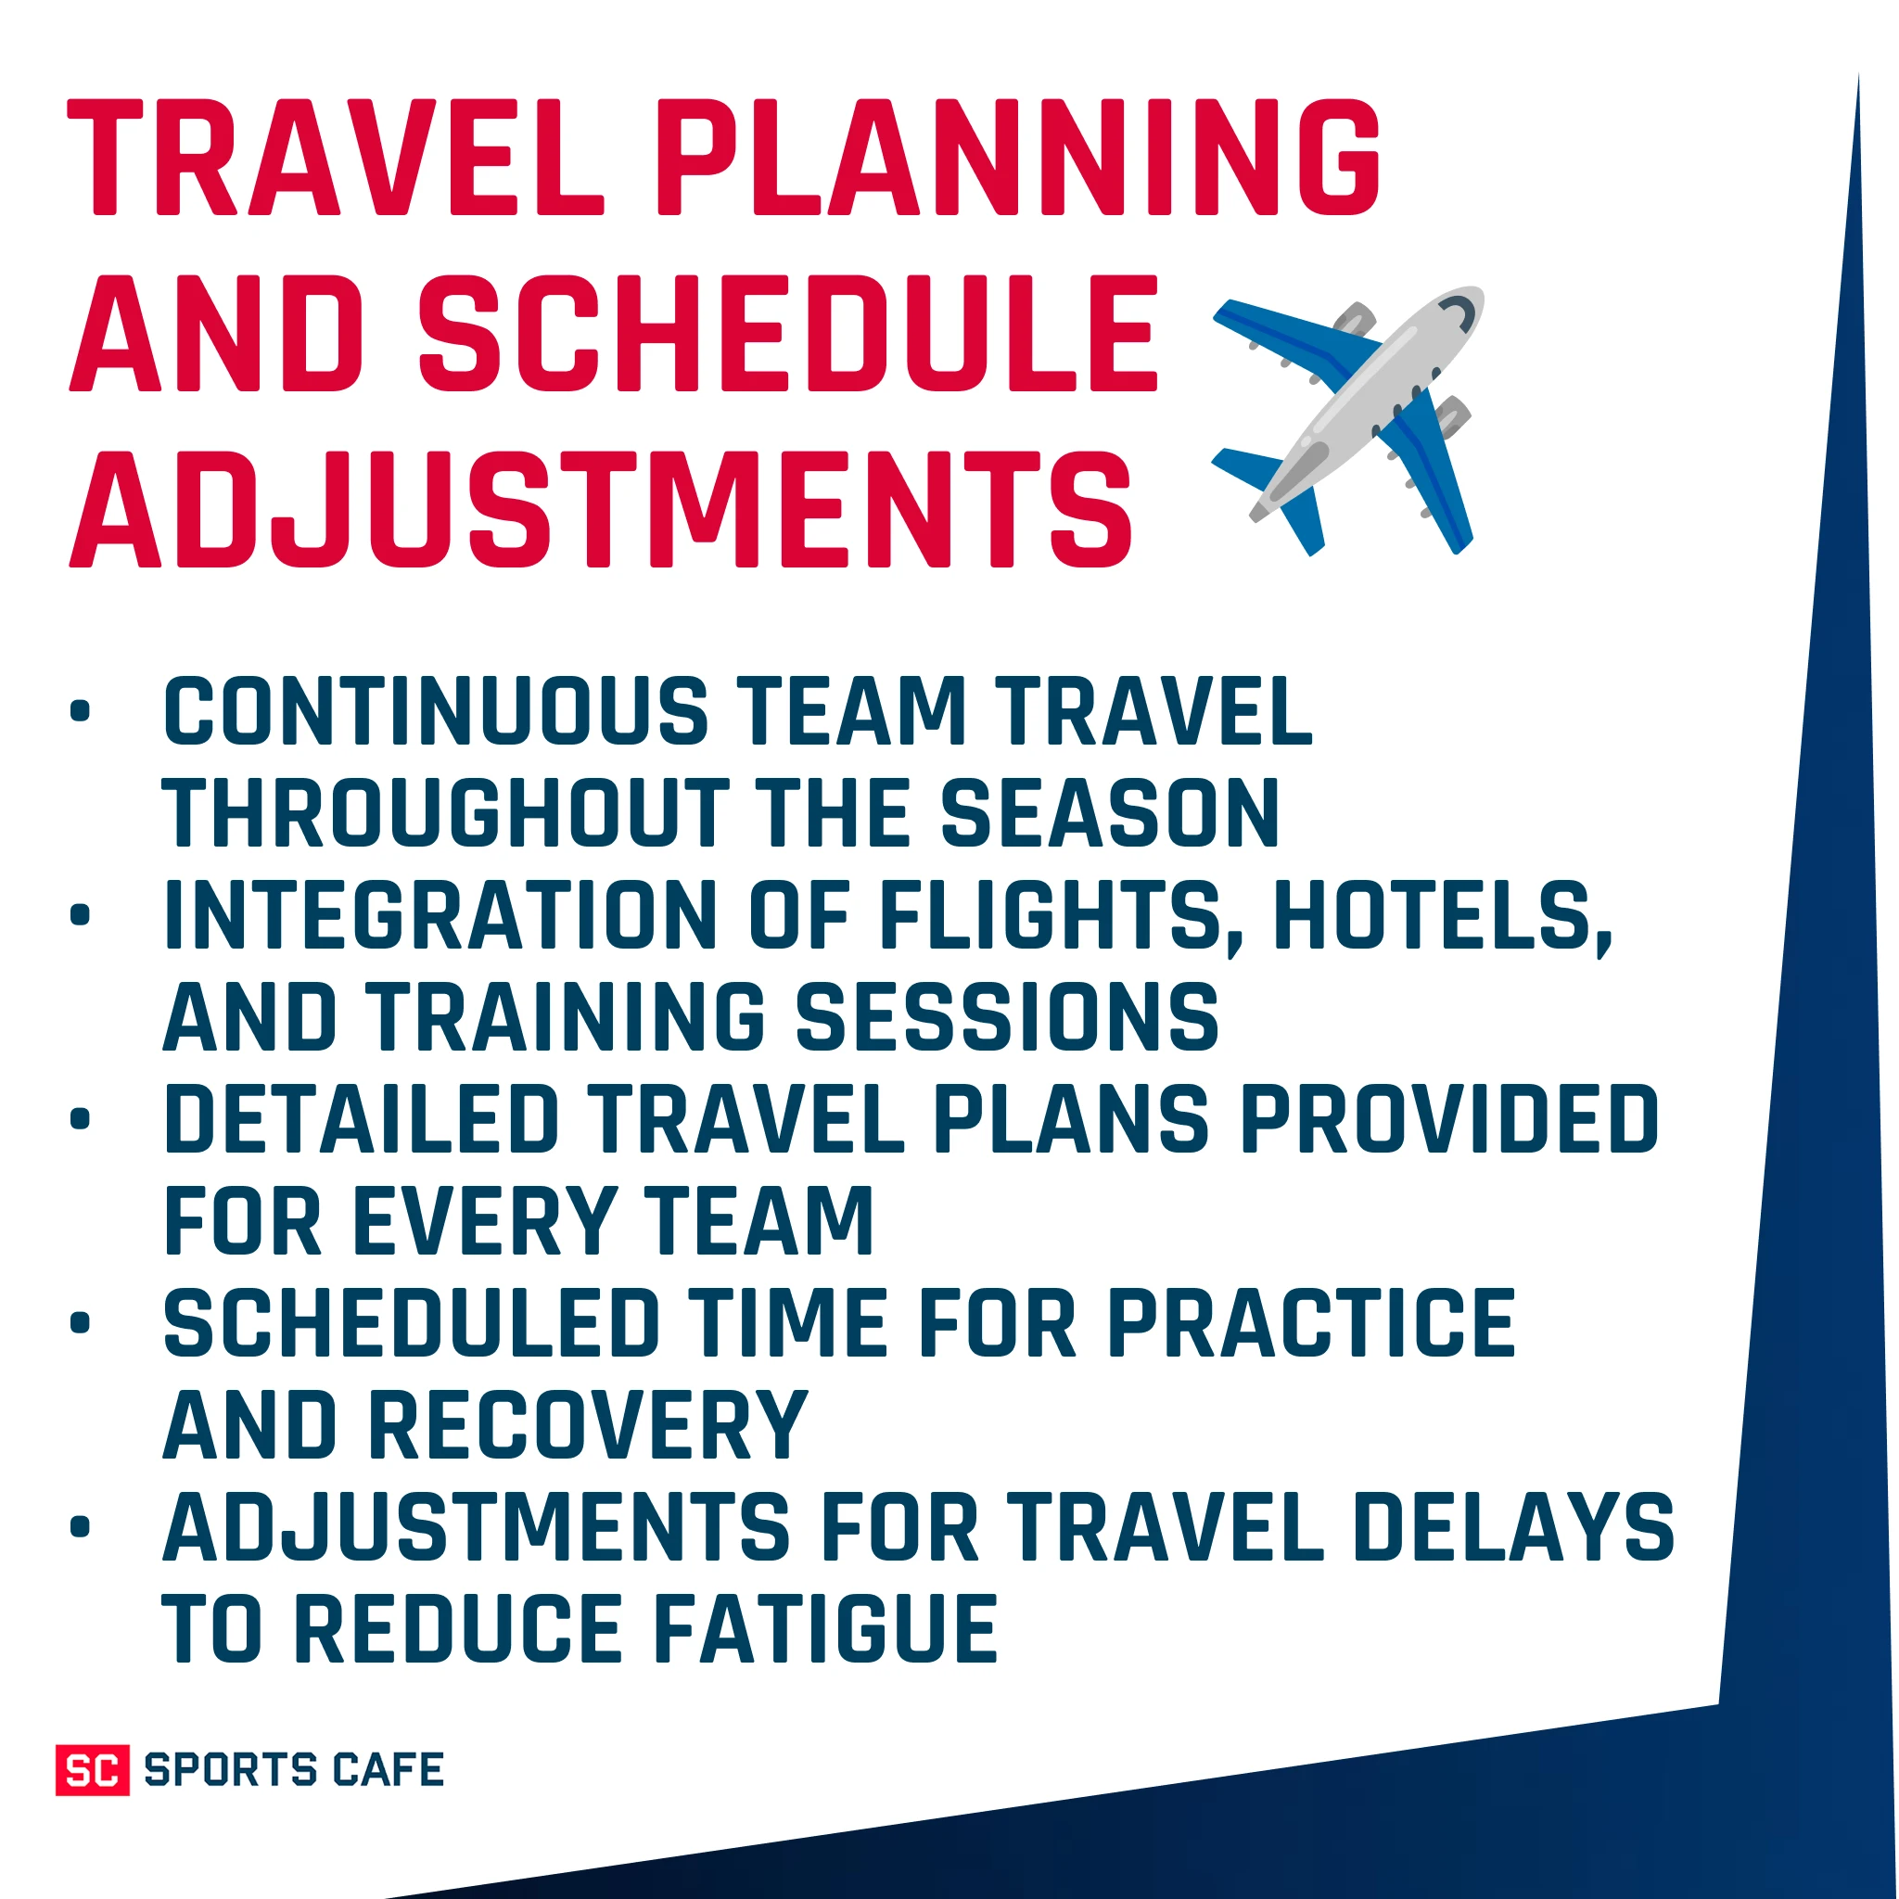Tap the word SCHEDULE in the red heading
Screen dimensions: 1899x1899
(x=789, y=334)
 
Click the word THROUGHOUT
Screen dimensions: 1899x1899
(x=446, y=813)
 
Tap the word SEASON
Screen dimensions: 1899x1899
(x=1110, y=813)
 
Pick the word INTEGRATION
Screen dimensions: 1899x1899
(x=440, y=915)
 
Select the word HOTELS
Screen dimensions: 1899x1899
(x=1442, y=917)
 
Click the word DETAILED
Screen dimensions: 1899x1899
(x=361, y=1119)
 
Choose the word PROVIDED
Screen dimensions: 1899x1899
(x=1451, y=1119)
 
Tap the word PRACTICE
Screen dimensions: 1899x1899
(x=1311, y=1323)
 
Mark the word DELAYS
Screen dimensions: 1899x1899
(x=1513, y=1527)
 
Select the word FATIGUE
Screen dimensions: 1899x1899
(x=825, y=1630)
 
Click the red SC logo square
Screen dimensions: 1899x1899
(x=93, y=1770)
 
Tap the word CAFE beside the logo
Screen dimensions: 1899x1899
(x=389, y=1770)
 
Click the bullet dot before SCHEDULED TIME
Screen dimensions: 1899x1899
(x=81, y=1323)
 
